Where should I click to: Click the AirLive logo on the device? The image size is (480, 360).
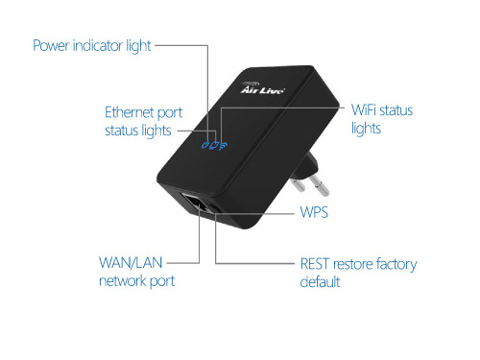tap(262, 88)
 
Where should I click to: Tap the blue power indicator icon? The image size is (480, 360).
tap(205, 145)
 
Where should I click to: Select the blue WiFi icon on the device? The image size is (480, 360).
tap(224, 146)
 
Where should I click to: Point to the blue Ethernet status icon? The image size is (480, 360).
tap(214, 145)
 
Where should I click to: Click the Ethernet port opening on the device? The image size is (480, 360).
tap(193, 203)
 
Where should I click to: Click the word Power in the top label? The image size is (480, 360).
tap(51, 45)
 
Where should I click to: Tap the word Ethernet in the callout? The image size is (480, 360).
tap(130, 112)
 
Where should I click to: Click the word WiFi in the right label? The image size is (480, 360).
tap(363, 110)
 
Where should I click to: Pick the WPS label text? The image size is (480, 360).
tap(314, 212)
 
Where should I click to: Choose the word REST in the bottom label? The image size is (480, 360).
tap(315, 264)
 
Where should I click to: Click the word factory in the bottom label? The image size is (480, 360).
tap(396, 265)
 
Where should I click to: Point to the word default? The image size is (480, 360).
tap(320, 282)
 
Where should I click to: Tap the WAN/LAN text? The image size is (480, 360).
tap(131, 263)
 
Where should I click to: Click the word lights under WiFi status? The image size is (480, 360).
tap(366, 129)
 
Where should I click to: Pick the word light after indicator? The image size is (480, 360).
tap(138, 46)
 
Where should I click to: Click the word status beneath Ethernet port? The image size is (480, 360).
tap(121, 131)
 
